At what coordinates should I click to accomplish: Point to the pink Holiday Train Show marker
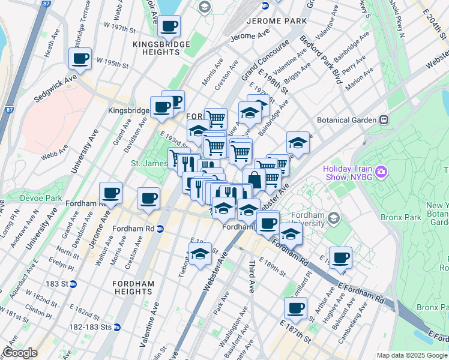tap(382, 173)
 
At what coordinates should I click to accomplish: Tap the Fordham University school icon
tap(334, 217)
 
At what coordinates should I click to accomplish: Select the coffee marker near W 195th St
tap(79, 59)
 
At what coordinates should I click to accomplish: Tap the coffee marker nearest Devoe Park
tap(111, 193)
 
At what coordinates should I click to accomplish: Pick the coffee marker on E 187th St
tap(295, 308)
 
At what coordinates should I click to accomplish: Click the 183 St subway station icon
tap(73, 284)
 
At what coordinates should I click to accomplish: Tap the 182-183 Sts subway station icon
tap(117, 327)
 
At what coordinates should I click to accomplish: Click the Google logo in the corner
tap(20, 353)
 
